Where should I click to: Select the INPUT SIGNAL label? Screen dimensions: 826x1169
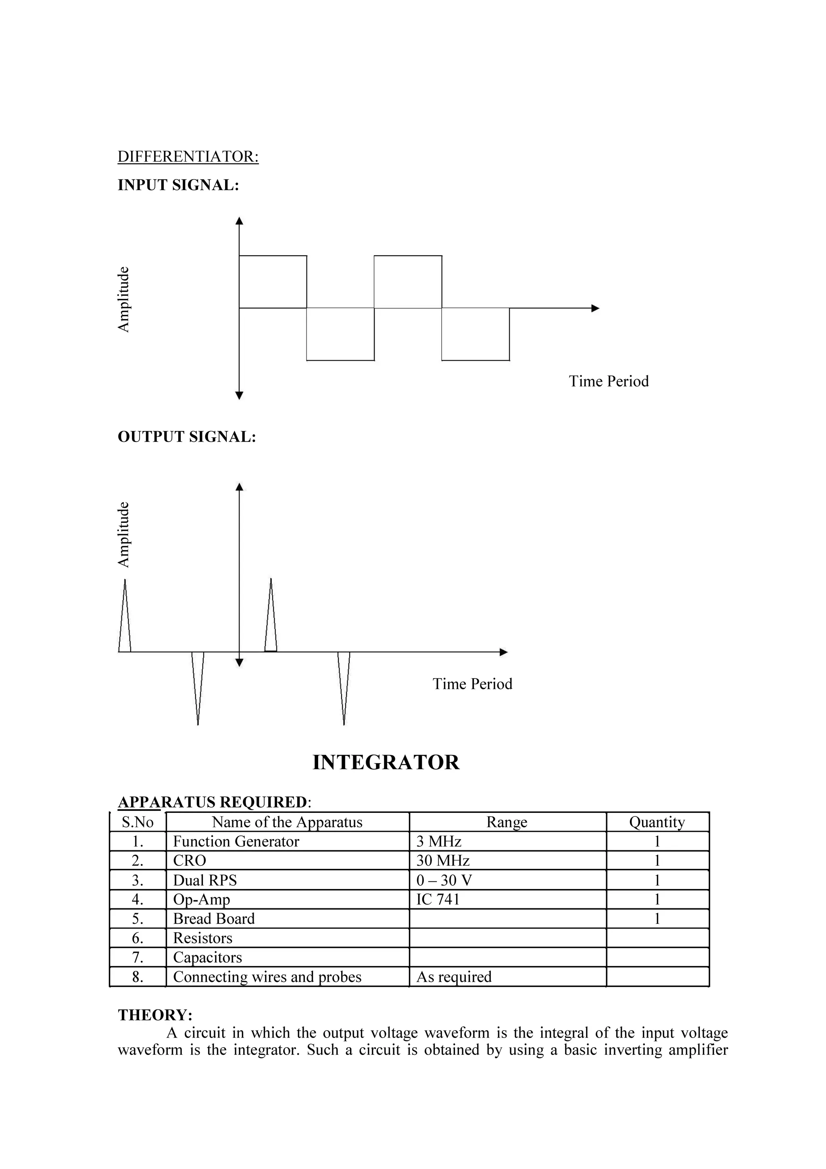click(178, 185)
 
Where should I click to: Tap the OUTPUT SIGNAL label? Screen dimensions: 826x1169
click(187, 436)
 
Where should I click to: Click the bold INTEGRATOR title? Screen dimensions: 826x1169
click(386, 762)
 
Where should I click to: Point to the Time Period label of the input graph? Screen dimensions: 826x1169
click(608, 381)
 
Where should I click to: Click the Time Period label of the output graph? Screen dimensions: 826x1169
click(472, 683)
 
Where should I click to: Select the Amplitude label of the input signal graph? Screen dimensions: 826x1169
click(124, 299)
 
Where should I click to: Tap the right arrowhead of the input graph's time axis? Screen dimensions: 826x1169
click(595, 308)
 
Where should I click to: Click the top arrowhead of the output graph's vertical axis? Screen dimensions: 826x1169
click(239, 487)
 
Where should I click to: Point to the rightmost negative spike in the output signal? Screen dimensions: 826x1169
click(344, 687)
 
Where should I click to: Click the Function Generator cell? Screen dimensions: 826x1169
click(236, 841)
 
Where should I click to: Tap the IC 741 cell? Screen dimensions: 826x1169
click(438, 900)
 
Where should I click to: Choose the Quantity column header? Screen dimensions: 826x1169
click(657, 822)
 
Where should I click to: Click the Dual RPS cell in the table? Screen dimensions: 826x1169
click(205, 880)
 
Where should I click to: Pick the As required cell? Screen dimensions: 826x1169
click(454, 977)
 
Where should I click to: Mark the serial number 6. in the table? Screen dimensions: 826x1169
click(138, 938)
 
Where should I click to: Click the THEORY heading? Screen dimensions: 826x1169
click(155, 1015)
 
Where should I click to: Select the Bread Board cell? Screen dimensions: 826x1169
click(214, 919)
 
